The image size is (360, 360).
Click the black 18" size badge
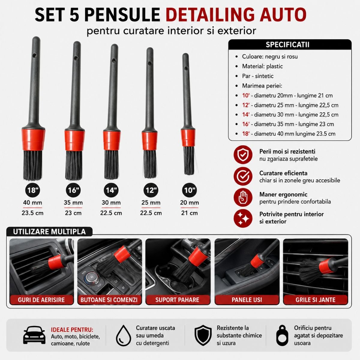click(33, 190)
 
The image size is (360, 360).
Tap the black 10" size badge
click(189, 190)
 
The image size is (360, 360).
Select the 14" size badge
click(111, 190)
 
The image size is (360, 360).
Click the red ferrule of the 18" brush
click(33, 140)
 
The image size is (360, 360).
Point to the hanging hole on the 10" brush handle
click(186, 68)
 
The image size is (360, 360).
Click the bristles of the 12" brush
click(150, 164)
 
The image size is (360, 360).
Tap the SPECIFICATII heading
click(287, 45)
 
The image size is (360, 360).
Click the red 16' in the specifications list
click(246, 124)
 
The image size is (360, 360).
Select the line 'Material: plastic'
click(262, 66)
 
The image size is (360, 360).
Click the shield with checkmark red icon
click(243, 155)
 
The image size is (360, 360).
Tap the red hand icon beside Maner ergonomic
click(243, 197)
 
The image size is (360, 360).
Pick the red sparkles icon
click(243, 218)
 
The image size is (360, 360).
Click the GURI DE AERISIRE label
click(41, 300)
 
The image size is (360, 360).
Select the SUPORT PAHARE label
click(177, 300)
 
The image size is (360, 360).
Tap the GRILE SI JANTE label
click(315, 300)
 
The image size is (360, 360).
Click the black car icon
click(34, 335)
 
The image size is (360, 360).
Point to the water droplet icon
click(124, 335)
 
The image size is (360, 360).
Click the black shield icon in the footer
click(203, 335)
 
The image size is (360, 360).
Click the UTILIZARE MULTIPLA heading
click(49, 232)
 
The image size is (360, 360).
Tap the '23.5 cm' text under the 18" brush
click(32, 213)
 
